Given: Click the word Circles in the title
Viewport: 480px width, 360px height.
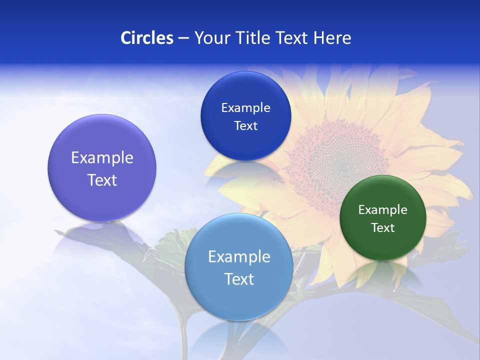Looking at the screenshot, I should coord(146,37).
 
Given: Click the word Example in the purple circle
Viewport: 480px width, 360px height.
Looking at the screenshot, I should coord(102,158).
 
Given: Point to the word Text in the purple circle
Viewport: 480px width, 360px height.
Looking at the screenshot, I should coord(102,180).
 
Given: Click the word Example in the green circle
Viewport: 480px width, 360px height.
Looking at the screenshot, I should coord(382,210).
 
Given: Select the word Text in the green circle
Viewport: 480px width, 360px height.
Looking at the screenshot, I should coord(382,228).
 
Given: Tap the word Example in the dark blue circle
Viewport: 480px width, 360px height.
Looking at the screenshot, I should coord(245,108).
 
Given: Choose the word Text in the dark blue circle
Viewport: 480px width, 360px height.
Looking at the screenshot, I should coord(245,126).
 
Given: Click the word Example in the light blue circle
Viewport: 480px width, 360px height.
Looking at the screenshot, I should coord(238,257).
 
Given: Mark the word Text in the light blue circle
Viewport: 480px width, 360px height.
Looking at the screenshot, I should coord(238,279).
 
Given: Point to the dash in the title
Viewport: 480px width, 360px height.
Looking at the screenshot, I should coord(183,38).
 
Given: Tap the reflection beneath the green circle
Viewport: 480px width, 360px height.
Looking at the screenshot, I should coord(382,272).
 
